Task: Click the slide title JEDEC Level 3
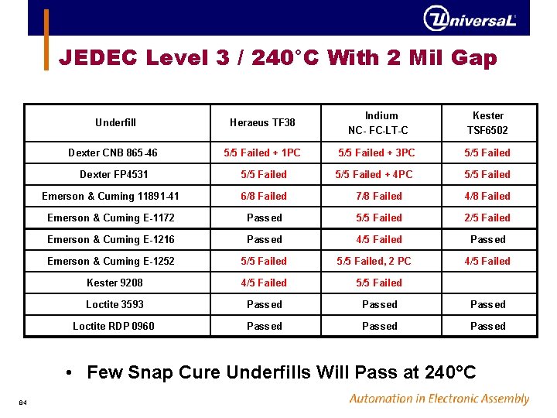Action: click(278, 58)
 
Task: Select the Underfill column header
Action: click(115, 122)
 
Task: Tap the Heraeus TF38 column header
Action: click(262, 122)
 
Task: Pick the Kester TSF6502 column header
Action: click(487, 122)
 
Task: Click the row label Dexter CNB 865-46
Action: click(113, 152)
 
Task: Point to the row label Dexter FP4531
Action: click(114, 174)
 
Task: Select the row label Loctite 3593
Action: click(114, 304)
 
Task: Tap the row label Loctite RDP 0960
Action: click(114, 326)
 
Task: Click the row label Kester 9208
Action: click(114, 283)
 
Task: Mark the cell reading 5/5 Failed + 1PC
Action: click(262, 152)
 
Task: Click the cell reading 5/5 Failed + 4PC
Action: click(374, 174)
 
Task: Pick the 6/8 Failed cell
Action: click(264, 196)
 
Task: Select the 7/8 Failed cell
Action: click(379, 196)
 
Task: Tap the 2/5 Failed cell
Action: click(487, 218)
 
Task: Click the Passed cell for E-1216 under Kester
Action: click(488, 239)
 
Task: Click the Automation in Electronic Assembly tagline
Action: click(439, 399)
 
